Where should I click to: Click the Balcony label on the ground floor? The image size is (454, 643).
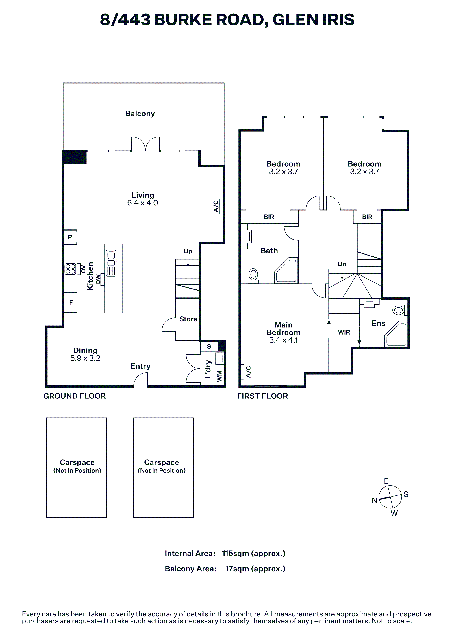tap(140, 114)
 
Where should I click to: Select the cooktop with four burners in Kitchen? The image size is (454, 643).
tap(70, 269)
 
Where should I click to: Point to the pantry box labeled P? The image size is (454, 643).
tap(70, 237)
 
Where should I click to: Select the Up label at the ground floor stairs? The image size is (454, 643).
tap(188, 251)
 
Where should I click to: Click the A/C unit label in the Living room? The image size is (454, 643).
tap(216, 206)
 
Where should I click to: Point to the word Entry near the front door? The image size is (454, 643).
tap(140, 366)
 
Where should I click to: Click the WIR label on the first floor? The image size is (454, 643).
tap(344, 332)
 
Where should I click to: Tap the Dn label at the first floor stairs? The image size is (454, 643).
tap(342, 264)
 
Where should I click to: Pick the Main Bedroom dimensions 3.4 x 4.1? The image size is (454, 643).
tap(283, 340)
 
